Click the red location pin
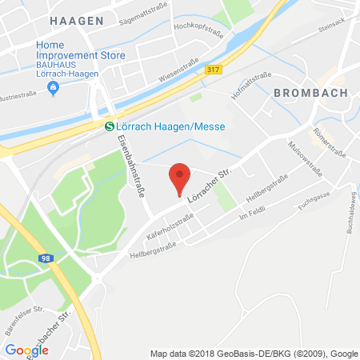pyautogui.click(x=182, y=178)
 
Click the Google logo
pyautogui.click(x=26, y=350)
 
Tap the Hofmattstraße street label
pyautogui.click(x=246, y=82)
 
